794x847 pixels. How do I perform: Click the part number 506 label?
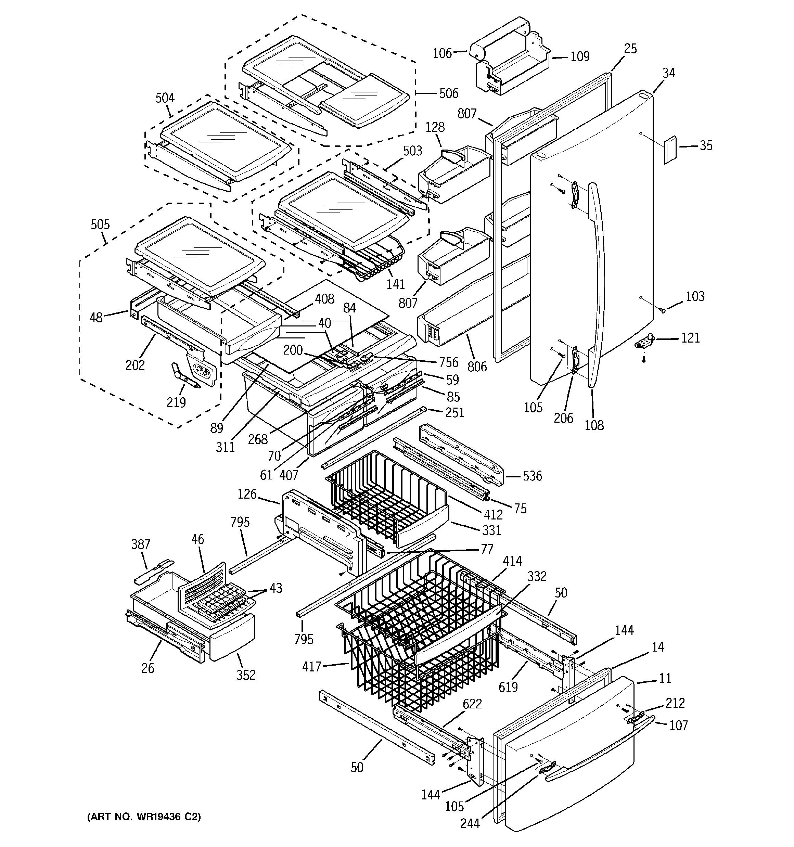(x=448, y=93)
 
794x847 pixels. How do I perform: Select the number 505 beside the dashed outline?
(x=100, y=224)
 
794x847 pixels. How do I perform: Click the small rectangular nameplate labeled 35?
(x=670, y=150)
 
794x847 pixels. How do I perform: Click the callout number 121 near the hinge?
(x=690, y=338)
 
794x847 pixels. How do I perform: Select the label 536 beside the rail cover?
(x=532, y=476)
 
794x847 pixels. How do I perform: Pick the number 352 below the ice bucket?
(x=246, y=675)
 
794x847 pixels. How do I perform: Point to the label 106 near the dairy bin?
(x=442, y=53)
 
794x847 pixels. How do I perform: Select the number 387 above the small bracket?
(x=141, y=544)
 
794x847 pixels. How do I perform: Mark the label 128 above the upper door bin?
(x=435, y=127)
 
